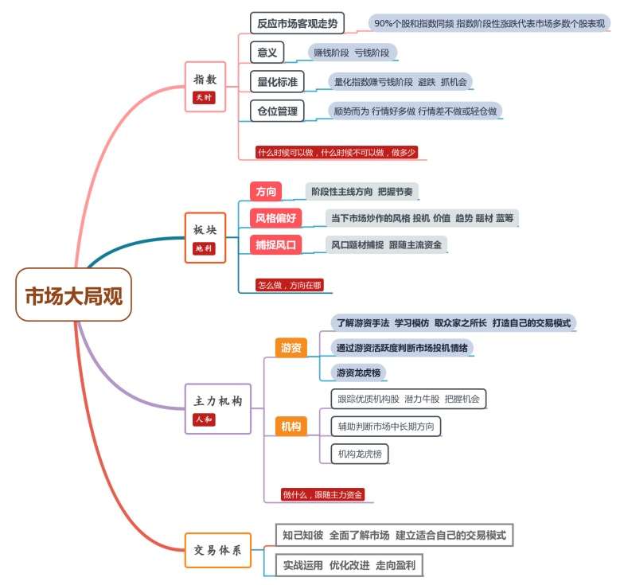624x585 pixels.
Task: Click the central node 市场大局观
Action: click(73, 294)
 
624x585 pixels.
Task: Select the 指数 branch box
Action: click(205, 87)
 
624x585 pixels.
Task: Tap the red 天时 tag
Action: click(204, 97)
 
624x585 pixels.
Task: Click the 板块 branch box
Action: click(205, 237)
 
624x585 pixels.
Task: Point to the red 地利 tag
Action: click(204, 248)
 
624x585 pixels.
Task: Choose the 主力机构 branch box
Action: click(218, 409)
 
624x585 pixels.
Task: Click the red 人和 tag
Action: click(204, 419)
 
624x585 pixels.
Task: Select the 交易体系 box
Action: click(218, 550)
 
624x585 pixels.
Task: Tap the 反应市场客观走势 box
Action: click(297, 23)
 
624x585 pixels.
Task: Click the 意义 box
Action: click(267, 53)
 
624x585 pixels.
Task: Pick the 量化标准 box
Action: click(277, 81)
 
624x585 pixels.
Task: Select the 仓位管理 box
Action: click(277, 111)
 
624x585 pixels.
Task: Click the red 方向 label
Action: click(266, 191)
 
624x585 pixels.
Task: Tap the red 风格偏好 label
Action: click(275, 218)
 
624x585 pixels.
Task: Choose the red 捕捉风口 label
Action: click(275, 244)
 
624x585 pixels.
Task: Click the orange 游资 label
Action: click(291, 348)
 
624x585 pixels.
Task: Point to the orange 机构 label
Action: click(291, 427)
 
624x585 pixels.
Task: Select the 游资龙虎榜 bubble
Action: click(358, 372)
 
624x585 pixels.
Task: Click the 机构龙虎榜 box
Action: click(360, 454)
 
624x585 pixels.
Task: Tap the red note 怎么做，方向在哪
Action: click(290, 285)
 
